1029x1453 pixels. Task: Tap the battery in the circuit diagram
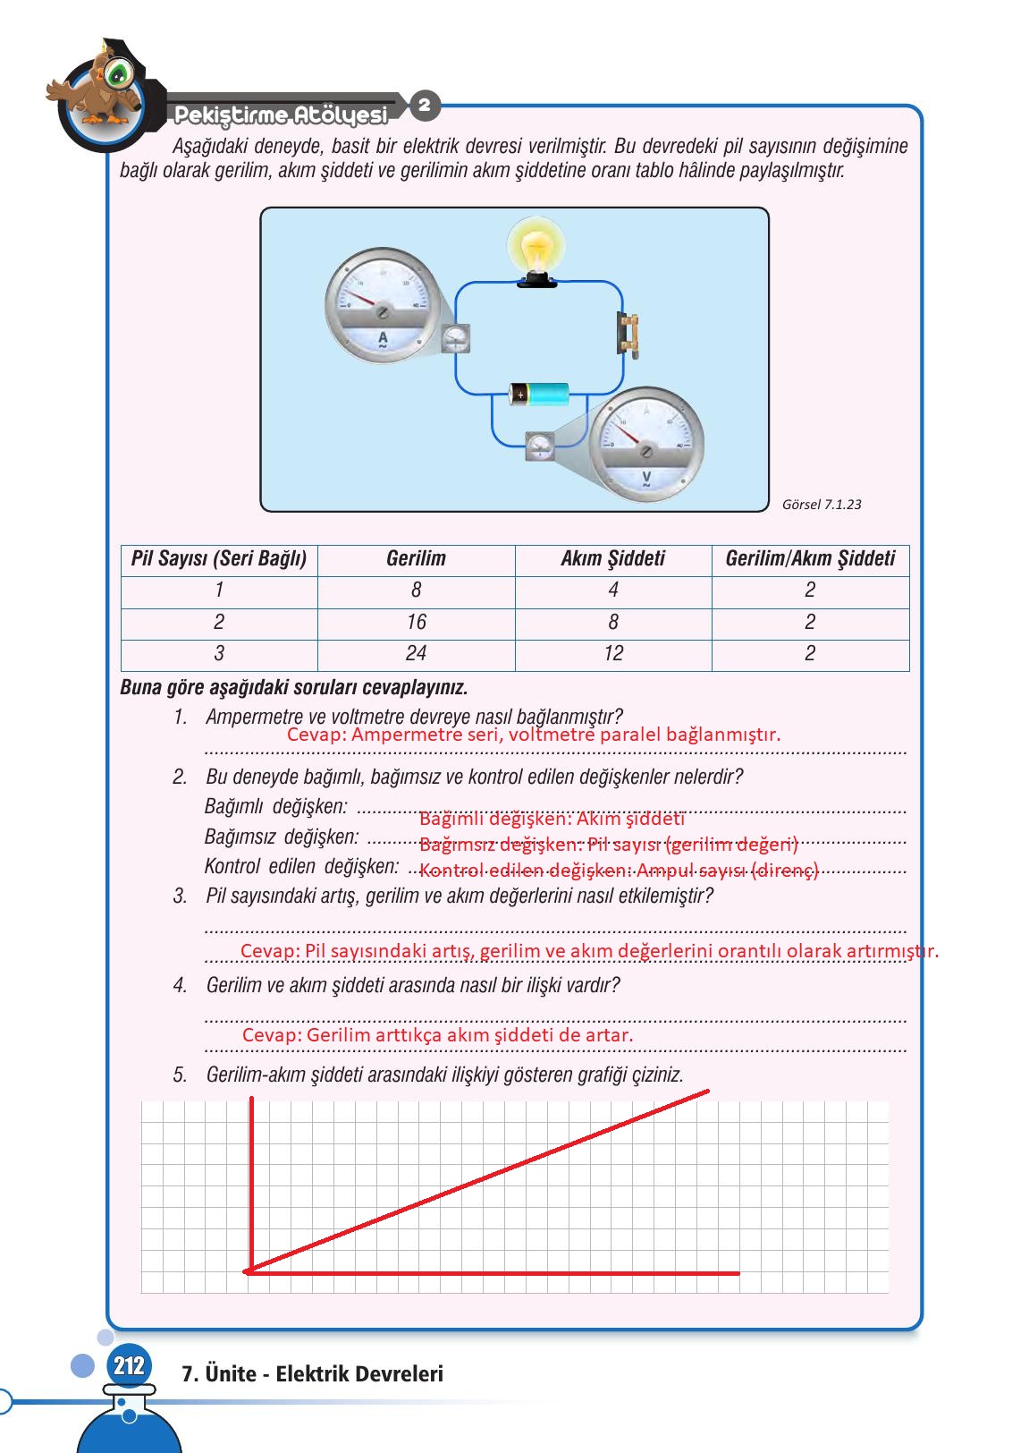539,394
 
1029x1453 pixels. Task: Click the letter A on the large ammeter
383,339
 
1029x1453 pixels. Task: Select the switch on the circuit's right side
629,335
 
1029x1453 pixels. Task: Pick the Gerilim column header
416,559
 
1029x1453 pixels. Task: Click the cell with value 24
416,654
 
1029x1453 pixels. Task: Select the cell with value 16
416,623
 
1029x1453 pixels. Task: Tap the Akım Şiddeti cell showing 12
613,654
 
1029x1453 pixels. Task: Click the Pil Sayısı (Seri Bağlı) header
219,559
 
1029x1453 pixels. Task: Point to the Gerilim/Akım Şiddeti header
810,559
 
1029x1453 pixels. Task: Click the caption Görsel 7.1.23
822,505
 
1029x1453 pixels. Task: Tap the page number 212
129,1365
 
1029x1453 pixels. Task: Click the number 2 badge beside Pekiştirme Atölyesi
425,105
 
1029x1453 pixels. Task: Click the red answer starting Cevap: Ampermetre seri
534,735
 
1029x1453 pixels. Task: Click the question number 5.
180,1075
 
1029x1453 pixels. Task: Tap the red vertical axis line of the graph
252,1181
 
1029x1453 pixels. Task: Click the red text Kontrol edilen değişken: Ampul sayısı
619,871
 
